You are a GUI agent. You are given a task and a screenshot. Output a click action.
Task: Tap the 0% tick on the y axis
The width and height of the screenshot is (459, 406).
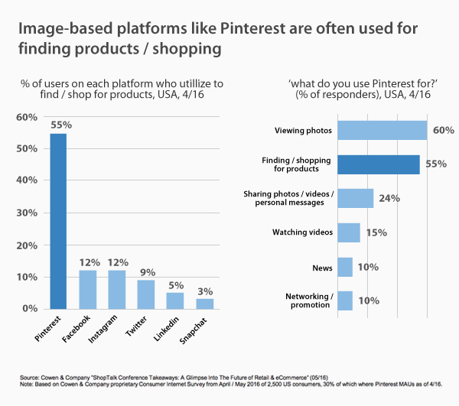pyautogui.click(x=28, y=308)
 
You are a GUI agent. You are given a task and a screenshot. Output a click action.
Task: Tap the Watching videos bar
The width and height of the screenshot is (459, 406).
pyautogui.click(x=348, y=232)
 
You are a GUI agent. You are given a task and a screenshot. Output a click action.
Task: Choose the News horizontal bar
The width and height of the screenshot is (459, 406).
pyautogui.click(x=345, y=266)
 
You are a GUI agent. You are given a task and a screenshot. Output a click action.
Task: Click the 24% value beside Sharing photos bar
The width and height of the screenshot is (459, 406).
pyautogui.click(x=390, y=199)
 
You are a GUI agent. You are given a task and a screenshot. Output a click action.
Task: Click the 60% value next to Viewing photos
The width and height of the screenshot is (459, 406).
pyautogui.click(x=443, y=130)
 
